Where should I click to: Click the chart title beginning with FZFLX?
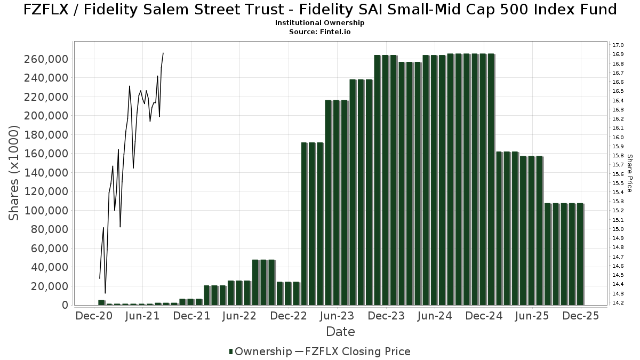point(320,10)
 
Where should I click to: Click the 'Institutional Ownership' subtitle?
point(320,23)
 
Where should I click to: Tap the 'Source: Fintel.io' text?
point(320,31)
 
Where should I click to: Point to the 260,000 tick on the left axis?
point(46,59)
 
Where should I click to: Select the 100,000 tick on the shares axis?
point(46,211)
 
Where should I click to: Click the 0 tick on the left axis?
point(65,305)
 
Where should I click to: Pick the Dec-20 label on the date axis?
point(94,316)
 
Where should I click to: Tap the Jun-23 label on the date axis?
point(337,316)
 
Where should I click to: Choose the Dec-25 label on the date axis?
point(580,316)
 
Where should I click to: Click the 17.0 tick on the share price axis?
point(618,45)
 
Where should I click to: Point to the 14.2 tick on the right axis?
point(618,303)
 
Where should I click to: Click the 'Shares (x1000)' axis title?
point(14,173)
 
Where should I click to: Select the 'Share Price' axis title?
point(629,173)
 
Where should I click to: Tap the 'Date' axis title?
point(340,332)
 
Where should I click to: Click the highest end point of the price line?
point(163,53)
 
